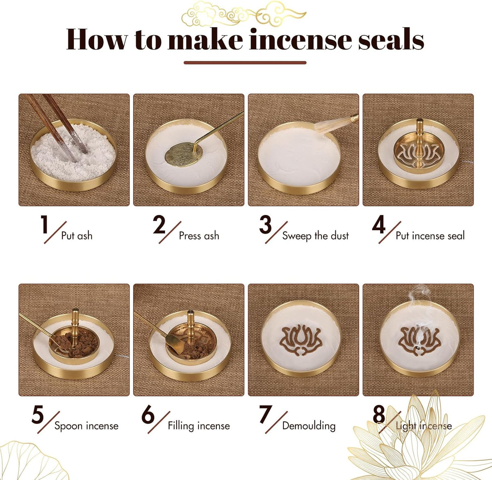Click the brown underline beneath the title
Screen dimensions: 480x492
tap(245, 63)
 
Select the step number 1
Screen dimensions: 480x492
tap(44, 225)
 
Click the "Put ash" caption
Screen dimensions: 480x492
tap(77, 236)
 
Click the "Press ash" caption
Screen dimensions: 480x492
tap(199, 236)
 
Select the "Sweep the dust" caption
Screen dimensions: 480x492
tap(315, 236)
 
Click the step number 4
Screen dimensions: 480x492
tap(378, 225)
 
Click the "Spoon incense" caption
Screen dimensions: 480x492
tap(86, 426)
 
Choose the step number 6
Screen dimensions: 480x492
tap(148, 415)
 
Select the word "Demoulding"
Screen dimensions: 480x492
tap(309, 426)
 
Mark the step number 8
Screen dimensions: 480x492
tap(379, 415)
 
